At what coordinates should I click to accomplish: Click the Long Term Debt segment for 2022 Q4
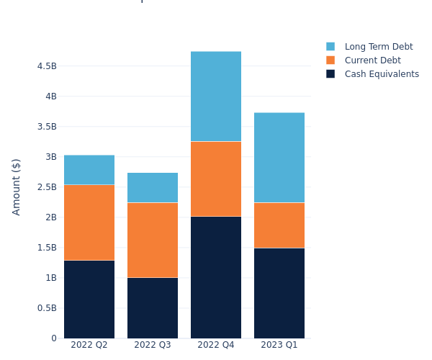tap(216, 96)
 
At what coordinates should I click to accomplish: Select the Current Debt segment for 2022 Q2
tap(89, 222)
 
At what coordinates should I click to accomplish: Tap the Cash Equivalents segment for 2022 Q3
tap(153, 307)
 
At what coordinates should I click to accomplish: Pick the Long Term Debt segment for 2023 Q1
tap(279, 157)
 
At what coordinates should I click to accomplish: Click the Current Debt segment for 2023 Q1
tap(279, 225)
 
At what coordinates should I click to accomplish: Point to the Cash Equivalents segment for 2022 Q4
tap(216, 277)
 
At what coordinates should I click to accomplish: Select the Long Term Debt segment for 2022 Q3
tap(153, 187)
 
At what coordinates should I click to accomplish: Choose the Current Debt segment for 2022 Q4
tap(216, 179)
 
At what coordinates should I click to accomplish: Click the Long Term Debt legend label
tap(379, 47)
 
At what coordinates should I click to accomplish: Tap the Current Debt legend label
tap(372, 60)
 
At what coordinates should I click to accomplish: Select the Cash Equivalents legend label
tap(382, 74)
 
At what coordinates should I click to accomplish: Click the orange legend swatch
tap(330, 60)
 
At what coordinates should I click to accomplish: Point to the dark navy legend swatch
tap(330, 74)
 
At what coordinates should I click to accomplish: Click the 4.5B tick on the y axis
tap(47, 66)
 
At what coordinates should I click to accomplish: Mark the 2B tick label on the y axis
tap(50, 217)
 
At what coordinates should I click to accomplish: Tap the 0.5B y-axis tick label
tap(47, 308)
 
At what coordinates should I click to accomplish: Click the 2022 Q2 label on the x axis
tap(89, 346)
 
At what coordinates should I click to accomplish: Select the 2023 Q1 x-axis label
tap(279, 346)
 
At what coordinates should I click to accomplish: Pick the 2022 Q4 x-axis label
tap(216, 346)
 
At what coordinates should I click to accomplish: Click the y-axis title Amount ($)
tap(17, 186)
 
